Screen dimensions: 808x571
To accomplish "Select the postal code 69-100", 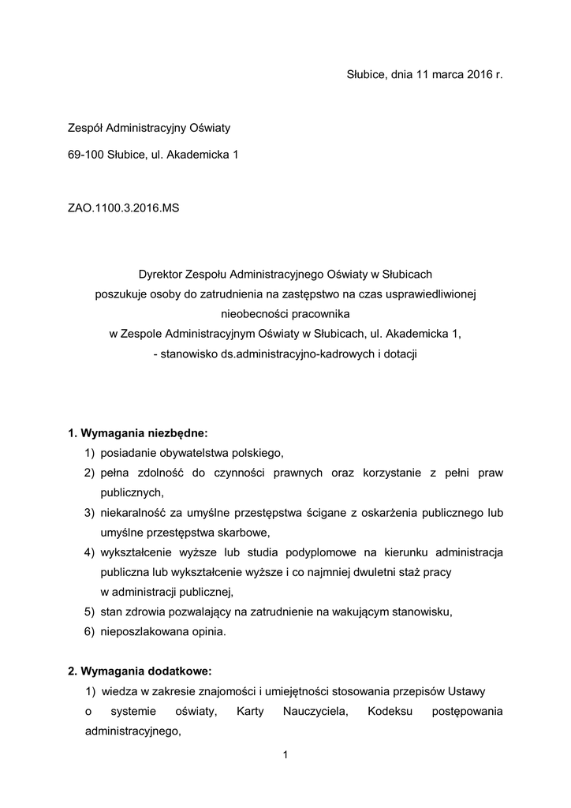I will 85,154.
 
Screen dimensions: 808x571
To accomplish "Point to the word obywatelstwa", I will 187,453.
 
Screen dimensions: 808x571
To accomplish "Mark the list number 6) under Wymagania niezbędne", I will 89,631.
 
